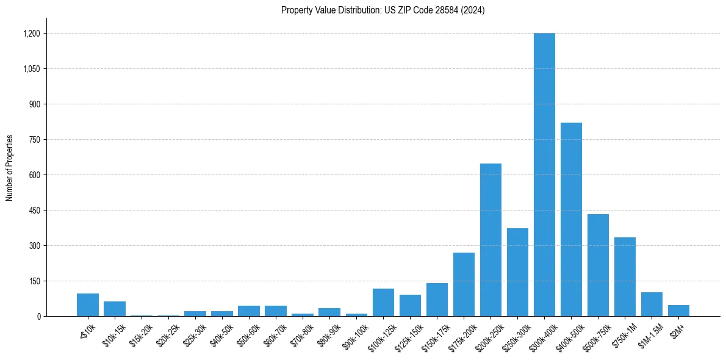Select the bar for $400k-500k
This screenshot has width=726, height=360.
pos(571,220)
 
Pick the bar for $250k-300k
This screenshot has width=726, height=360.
pos(517,272)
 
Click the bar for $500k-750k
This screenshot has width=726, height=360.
pos(598,265)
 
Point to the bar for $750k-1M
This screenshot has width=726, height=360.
pos(625,277)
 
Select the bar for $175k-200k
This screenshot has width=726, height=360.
pos(464,284)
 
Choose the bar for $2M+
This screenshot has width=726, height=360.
pos(678,311)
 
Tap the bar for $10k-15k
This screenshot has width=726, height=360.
pos(115,309)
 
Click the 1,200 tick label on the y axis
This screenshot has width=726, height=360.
pos(32,34)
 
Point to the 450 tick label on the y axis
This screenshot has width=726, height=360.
pos(34,211)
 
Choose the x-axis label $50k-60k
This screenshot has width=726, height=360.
pos(248,333)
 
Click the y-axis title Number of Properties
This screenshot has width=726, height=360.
pos(10,168)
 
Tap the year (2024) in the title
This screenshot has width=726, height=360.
pos(473,10)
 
